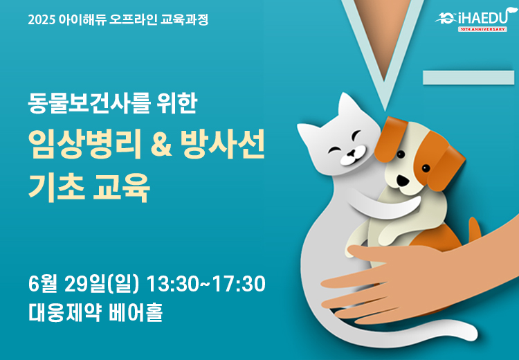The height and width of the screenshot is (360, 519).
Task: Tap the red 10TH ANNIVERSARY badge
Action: tap(482, 30)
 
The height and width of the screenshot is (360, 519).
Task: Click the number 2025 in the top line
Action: tap(41, 20)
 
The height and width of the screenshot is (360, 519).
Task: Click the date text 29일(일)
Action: tap(102, 284)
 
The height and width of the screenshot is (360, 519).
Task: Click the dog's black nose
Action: tap(403, 180)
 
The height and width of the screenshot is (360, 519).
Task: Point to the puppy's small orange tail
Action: tap(475, 229)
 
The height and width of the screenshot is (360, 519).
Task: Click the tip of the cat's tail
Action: tap(472, 334)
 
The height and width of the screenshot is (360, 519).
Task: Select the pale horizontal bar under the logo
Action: tap(468, 78)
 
